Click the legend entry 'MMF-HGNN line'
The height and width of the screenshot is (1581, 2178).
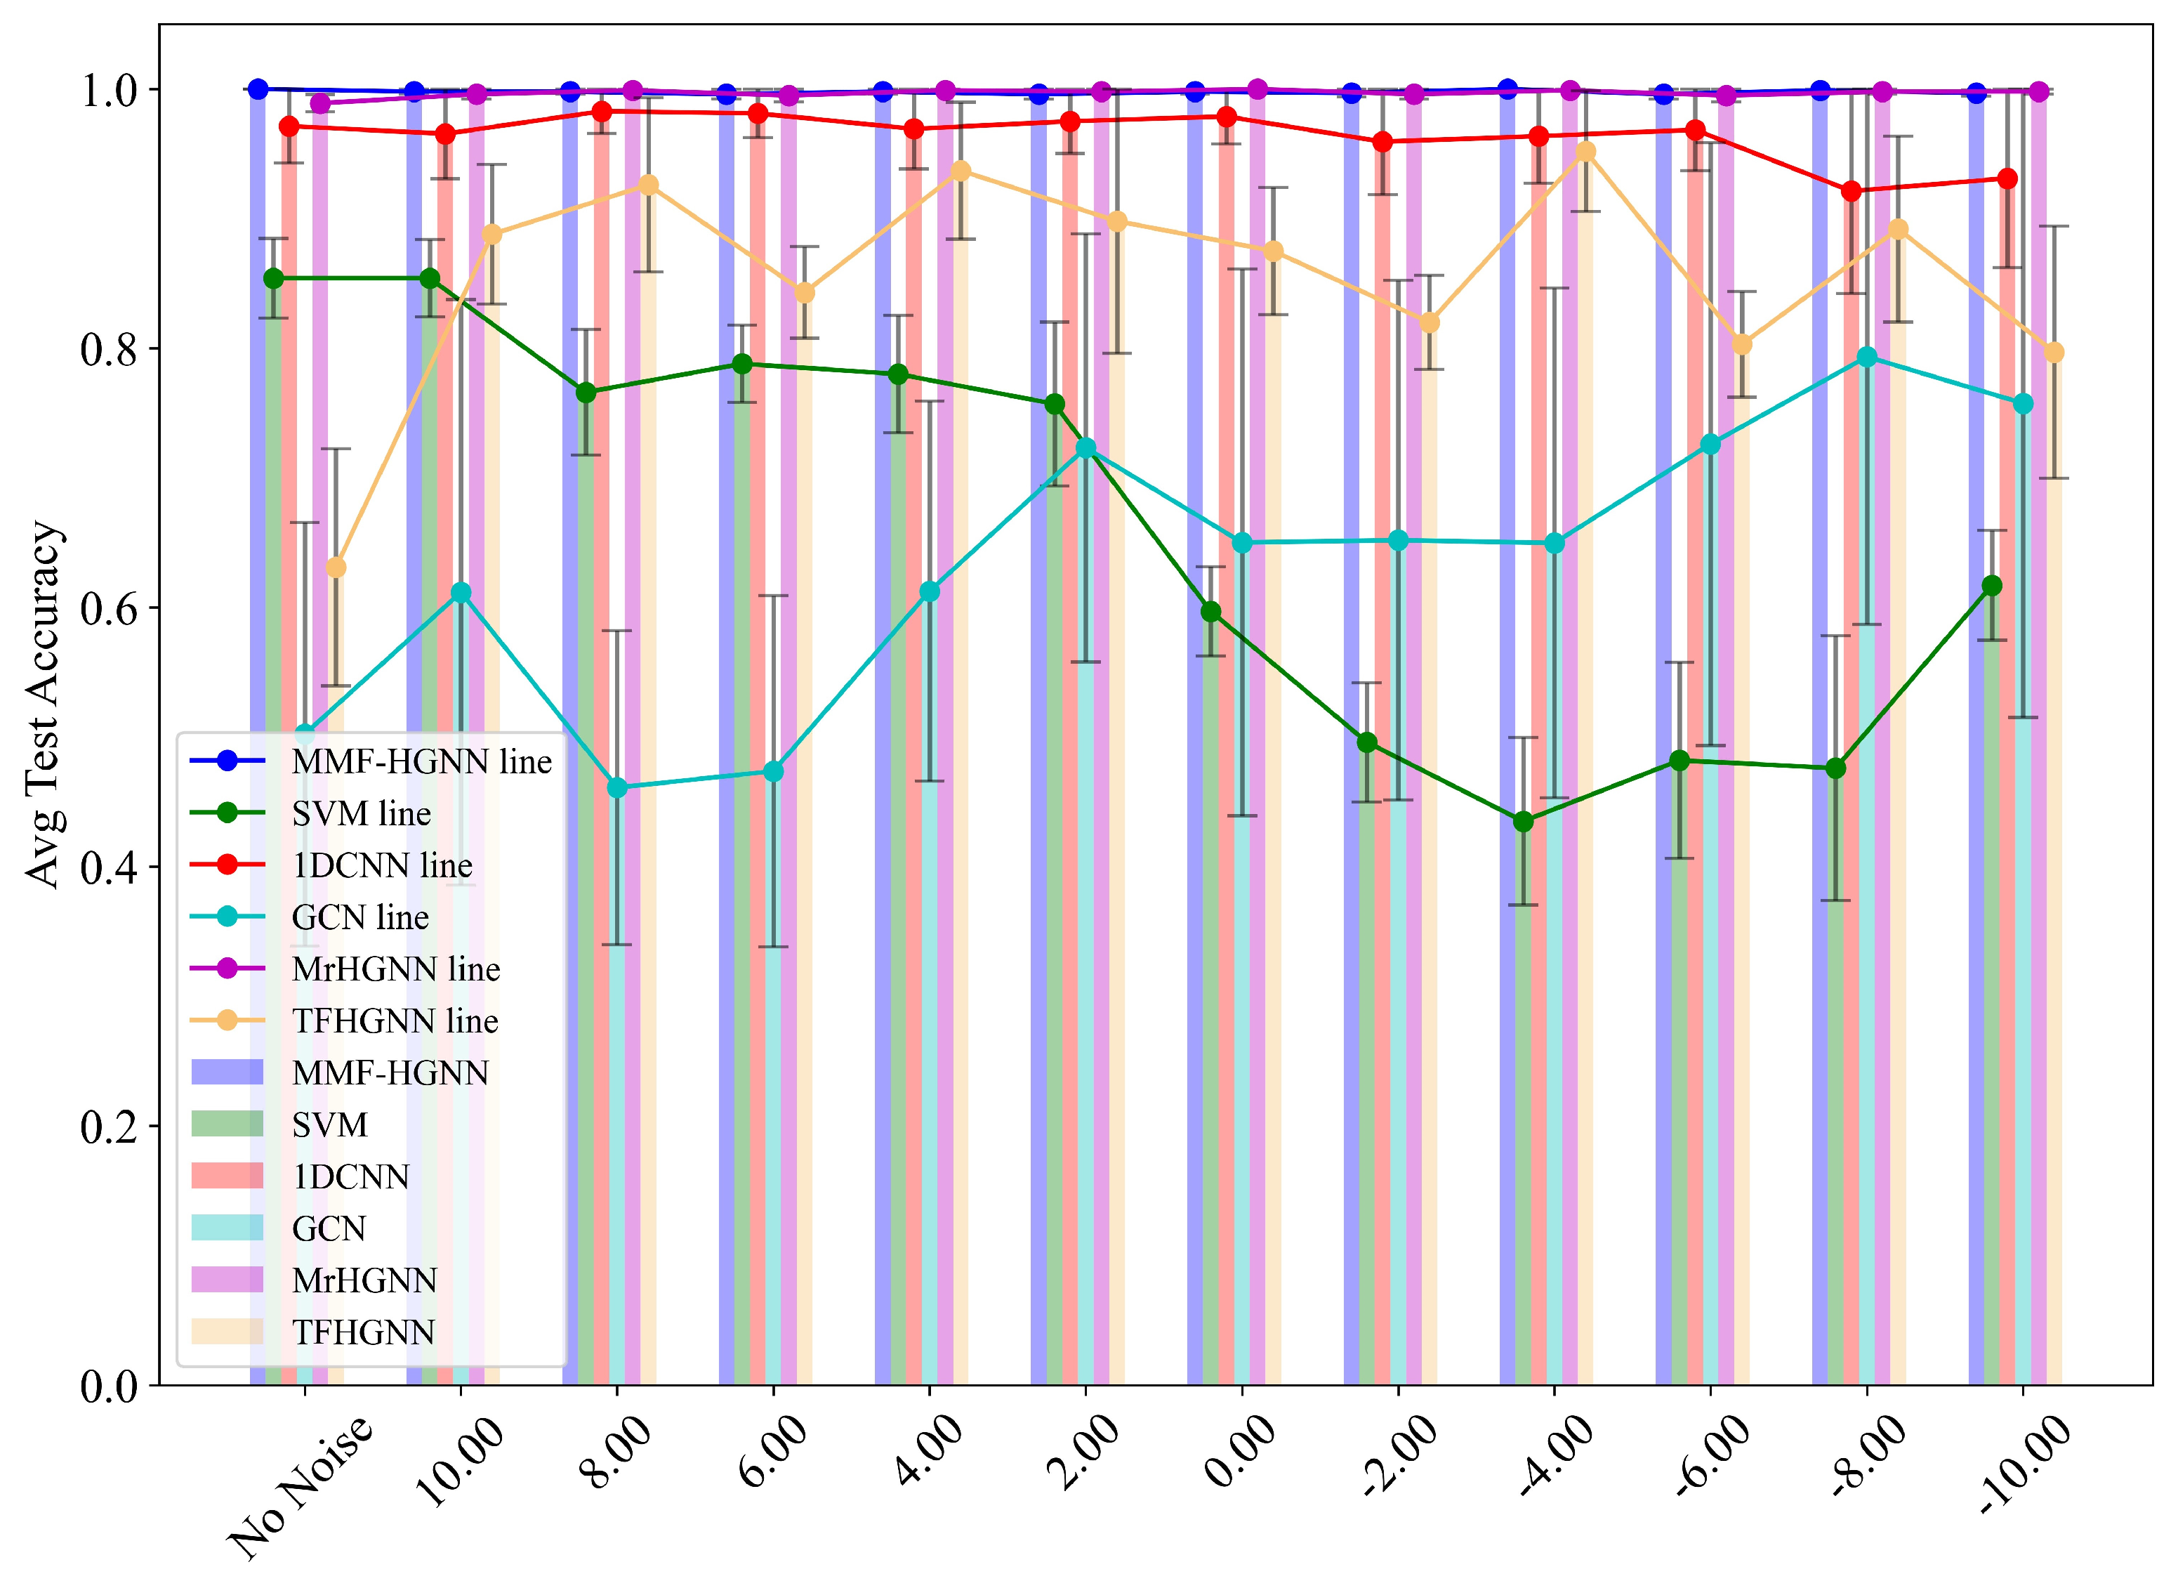(421, 761)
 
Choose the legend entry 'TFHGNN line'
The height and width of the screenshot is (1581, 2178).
(394, 1021)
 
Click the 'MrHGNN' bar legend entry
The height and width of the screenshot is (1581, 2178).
(363, 1280)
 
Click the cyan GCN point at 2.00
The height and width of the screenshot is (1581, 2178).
(1086, 449)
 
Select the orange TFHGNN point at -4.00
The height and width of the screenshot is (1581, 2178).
(1585, 152)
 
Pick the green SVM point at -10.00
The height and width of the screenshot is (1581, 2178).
(1992, 586)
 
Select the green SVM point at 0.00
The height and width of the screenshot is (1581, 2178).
(1211, 612)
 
